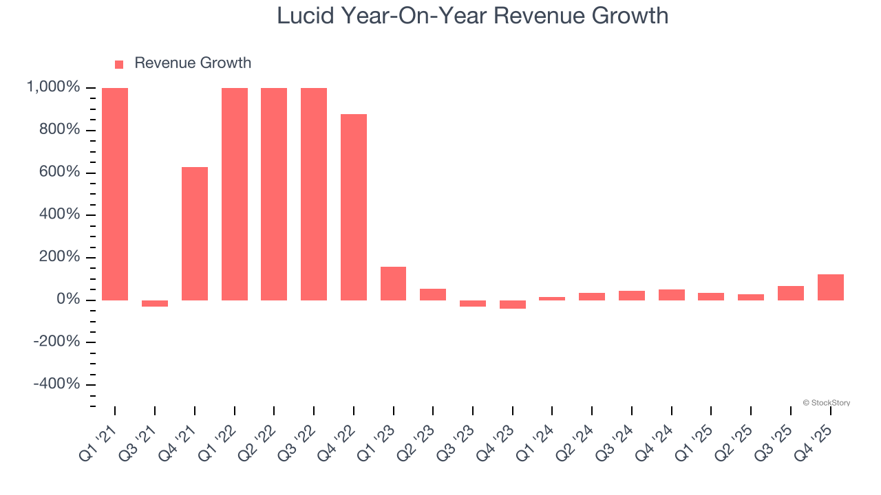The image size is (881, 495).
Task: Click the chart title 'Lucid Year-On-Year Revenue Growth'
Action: pos(472,15)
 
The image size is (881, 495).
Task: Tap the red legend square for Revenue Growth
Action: pos(119,64)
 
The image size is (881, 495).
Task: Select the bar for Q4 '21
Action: pos(195,234)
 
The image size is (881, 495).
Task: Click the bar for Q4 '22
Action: pos(354,207)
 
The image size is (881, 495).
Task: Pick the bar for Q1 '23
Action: pos(393,283)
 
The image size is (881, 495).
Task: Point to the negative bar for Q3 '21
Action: pos(155,303)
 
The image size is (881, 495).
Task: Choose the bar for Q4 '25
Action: pos(830,287)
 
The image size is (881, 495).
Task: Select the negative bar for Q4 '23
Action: pos(513,305)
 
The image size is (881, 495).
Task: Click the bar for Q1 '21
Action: pos(115,194)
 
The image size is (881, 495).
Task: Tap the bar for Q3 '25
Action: pos(790,293)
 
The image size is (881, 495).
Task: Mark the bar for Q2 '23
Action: pos(433,294)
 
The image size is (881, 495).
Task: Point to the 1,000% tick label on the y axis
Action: pos(53,87)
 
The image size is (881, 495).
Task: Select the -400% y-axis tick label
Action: pos(56,384)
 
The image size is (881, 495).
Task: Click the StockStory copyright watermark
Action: pos(826,403)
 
